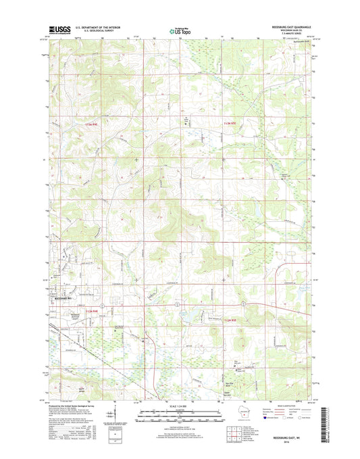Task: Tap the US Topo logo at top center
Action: pos(180,30)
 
